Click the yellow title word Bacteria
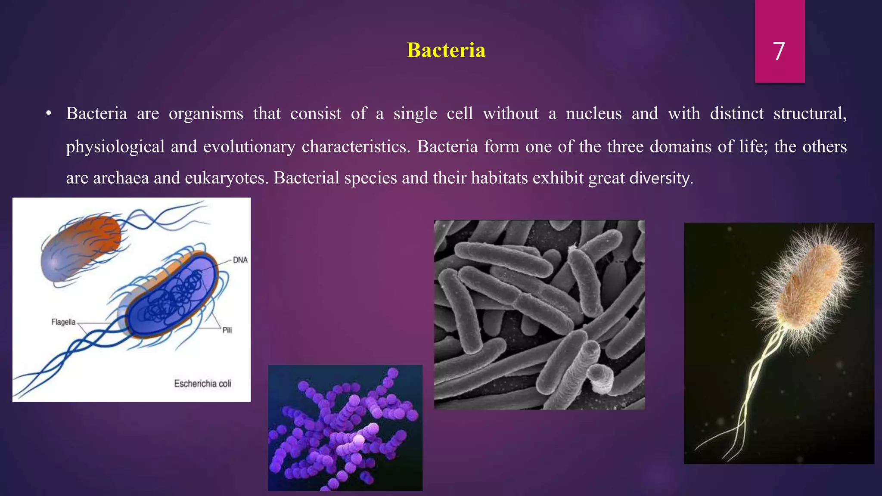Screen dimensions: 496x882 (446, 50)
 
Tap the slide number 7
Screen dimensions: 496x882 (779, 51)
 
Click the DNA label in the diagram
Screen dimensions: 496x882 (240, 260)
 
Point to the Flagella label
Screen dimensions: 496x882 (63, 322)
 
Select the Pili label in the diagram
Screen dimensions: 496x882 (227, 330)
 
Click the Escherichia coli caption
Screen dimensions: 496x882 (202, 384)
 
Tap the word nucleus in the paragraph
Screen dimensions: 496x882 (593, 114)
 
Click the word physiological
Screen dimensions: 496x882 (115, 147)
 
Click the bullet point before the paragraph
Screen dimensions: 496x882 (49, 114)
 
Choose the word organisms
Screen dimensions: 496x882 (206, 114)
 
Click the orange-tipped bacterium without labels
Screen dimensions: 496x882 (82, 249)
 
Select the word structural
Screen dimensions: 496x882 (810, 114)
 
